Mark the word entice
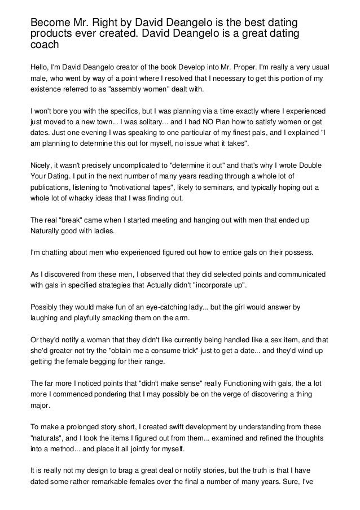point(218,252)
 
